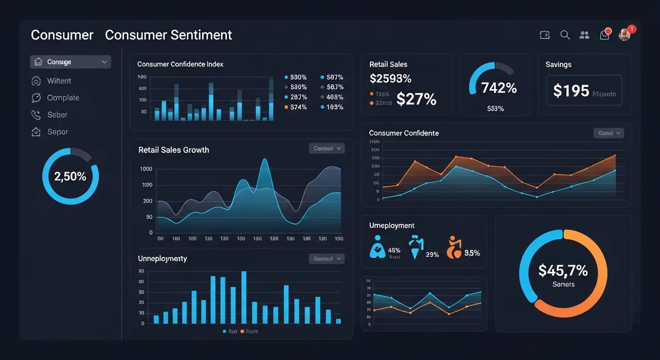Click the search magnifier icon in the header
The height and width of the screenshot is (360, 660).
[565, 35]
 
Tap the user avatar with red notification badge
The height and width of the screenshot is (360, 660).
[624, 35]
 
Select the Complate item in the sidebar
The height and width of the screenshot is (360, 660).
[63, 97]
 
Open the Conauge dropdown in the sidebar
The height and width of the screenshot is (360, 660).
[70, 62]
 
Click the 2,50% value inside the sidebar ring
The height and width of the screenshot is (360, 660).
[70, 176]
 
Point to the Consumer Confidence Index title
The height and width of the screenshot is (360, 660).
[180, 64]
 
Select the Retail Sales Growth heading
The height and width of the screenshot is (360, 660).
[174, 150]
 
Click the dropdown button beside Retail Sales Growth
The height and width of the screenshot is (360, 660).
[326, 149]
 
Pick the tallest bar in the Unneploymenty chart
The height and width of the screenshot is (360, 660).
[244, 297]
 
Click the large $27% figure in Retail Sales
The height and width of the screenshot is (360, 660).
[416, 99]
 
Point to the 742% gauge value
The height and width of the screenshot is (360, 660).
[499, 88]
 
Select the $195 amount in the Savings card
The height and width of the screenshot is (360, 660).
[571, 91]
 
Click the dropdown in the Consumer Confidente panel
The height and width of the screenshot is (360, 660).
[608, 133]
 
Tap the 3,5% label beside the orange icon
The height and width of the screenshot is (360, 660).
[472, 253]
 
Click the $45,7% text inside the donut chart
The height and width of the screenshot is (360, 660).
[563, 270]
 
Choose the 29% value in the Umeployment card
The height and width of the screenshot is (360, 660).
[433, 254]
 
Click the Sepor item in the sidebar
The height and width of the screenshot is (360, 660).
[57, 132]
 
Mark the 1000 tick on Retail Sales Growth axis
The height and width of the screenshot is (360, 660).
[146, 169]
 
